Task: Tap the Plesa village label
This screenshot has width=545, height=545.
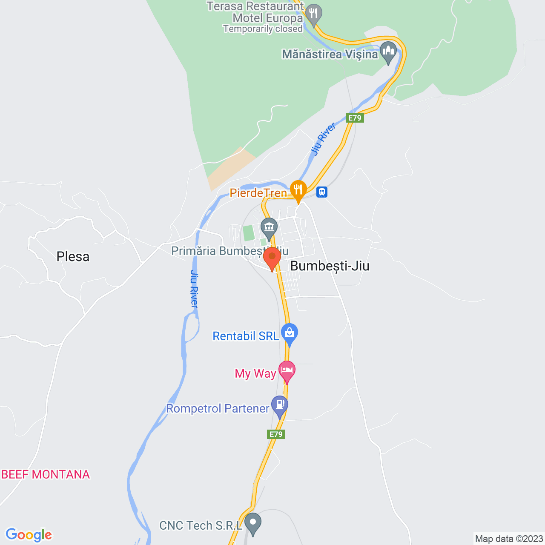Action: pos(73,257)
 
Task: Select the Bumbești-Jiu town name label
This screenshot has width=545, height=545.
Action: pos(330,266)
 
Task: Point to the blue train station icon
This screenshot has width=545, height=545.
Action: pos(322,192)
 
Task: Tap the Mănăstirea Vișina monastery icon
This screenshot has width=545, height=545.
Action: pos(388,52)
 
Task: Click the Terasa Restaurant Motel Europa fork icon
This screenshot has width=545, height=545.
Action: pos(314,14)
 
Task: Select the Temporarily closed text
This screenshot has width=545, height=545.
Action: pos(263,29)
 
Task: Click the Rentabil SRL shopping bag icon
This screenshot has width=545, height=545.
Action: pos(289,333)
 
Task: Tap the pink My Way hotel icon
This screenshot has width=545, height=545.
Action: pos(287,370)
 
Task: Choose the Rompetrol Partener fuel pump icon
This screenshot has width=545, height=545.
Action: pos(279,405)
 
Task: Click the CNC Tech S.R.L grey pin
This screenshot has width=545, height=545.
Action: pos(253,522)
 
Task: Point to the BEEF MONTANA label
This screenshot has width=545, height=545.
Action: pos(46,474)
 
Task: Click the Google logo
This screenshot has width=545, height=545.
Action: pos(29,535)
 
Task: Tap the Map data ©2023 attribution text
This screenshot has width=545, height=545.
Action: pos(509,539)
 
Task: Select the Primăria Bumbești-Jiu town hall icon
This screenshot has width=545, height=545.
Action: pos(269,227)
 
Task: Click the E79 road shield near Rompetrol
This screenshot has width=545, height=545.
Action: pos(276,434)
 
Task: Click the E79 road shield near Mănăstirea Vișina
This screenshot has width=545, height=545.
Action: pos(355,118)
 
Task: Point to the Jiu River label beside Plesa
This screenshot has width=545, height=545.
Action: pos(194,289)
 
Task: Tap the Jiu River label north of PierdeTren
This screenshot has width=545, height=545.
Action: pos(323,139)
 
